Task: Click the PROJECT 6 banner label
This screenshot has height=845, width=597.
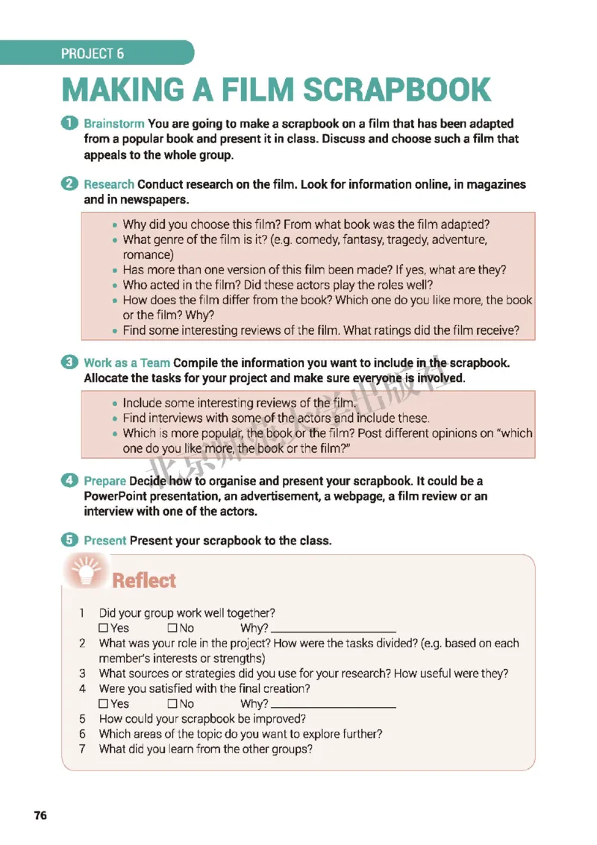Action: tap(93, 54)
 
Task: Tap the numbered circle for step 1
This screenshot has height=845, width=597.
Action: tap(69, 123)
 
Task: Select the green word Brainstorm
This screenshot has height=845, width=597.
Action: tap(114, 124)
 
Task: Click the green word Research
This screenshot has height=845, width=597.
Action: tap(109, 184)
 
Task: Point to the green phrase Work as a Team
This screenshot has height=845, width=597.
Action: tap(127, 363)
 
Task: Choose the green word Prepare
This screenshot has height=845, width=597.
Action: tap(105, 481)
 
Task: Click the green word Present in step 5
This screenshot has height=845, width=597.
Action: tap(105, 541)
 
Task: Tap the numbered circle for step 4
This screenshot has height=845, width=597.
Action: tap(69, 481)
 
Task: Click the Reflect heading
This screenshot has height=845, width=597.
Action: tap(144, 581)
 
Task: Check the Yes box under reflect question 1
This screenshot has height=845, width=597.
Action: tap(103, 629)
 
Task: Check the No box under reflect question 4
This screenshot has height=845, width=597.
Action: tap(172, 704)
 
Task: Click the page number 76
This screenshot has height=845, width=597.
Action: tap(40, 815)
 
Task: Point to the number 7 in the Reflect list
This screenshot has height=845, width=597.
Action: tap(83, 749)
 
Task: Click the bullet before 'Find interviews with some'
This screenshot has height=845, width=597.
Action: tap(113, 418)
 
